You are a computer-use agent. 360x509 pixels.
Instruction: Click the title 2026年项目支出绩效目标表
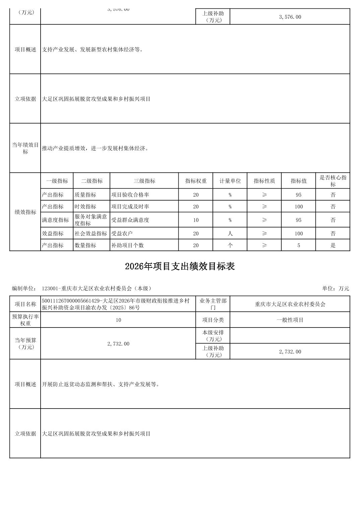180,267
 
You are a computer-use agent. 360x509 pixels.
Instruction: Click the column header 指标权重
196,181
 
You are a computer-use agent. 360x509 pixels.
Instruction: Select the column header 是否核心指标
333,181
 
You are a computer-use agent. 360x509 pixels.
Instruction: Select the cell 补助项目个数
127,245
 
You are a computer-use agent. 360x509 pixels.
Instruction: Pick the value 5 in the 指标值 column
298,245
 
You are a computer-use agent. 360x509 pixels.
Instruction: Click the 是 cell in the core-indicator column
333,245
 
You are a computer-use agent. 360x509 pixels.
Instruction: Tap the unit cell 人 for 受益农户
230,233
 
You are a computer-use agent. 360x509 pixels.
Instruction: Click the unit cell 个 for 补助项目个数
230,245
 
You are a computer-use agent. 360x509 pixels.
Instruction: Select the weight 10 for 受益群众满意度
196,220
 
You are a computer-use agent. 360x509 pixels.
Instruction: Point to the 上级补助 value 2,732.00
290,352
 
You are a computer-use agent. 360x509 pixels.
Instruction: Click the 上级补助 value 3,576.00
290,17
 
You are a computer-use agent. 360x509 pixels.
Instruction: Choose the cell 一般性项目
290,320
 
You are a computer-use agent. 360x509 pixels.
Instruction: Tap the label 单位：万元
336,288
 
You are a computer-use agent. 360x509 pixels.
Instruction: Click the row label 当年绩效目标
25,148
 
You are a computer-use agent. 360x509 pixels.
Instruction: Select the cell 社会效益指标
91,233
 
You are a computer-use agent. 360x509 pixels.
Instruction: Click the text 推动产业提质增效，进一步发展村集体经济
95,148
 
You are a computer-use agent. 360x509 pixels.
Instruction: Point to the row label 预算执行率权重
25,320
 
